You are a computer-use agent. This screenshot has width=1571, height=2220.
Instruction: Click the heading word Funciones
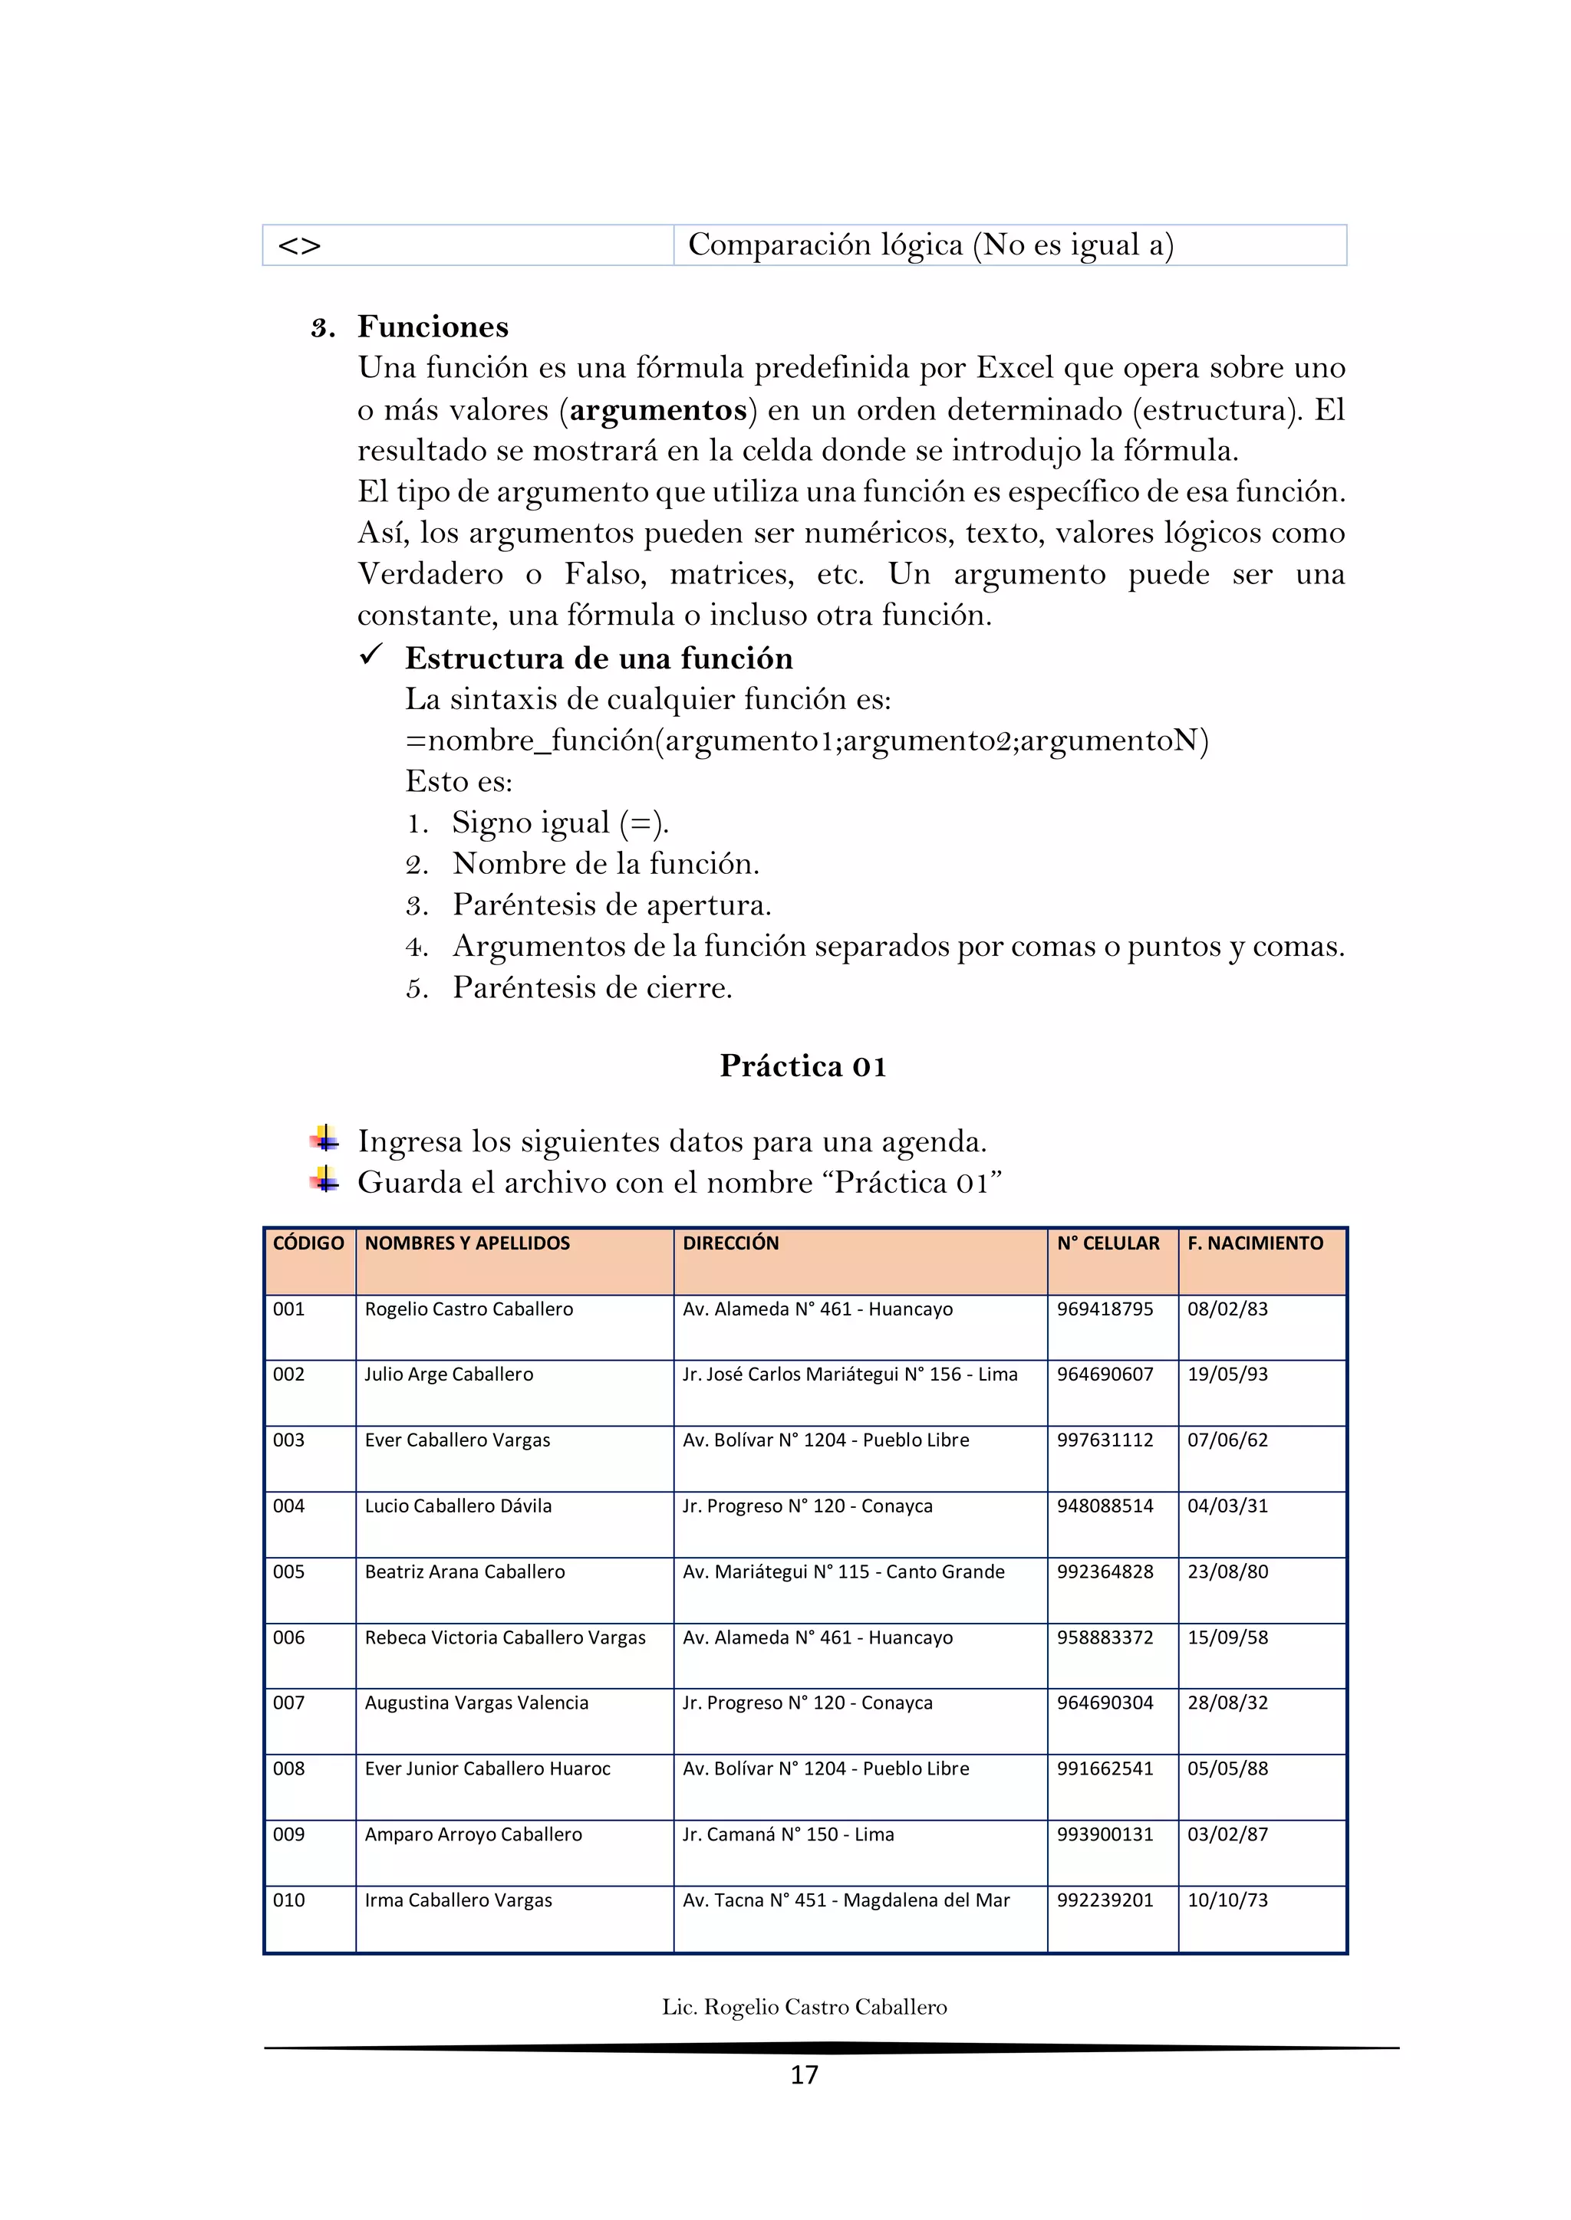pyautogui.click(x=433, y=327)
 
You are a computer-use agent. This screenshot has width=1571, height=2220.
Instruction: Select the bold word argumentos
pyautogui.click(x=658, y=410)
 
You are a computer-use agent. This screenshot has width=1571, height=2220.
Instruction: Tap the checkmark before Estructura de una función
pyautogui.click(x=371, y=655)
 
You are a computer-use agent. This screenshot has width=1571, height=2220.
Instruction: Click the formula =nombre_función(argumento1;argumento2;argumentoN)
pyautogui.click(x=807, y=741)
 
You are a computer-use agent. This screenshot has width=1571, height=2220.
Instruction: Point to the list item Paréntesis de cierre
pyautogui.click(x=592, y=988)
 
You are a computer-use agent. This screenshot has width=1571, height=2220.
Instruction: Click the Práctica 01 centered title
pyautogui.click(x=803, y=1066)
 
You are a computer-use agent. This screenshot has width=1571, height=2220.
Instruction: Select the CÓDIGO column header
pyautogui.click(x=308, y=1243)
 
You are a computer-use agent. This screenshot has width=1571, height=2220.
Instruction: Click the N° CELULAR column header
pyautogui.click(x=1108, y=1243)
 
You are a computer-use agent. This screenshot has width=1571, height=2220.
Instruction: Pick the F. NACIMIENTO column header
pyautogui.click(x=1255, y=1243)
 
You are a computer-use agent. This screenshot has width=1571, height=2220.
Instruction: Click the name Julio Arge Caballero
pyautogui.click(x=449, y=1374)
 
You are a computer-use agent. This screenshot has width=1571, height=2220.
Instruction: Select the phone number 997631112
pyautogui.click(x=1105, y=1440)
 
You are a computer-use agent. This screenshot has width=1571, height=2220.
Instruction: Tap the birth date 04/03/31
pyautogui.click(x=1227, y=1506)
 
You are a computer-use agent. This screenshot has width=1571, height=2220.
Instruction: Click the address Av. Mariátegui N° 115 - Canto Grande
pyautogui.click(x=844, y=1571)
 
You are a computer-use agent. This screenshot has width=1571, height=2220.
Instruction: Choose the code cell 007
pyautogui.click(x=288, y=1703)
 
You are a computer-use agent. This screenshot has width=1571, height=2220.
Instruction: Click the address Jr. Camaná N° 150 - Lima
pyautogui.click(x=789, y=1834)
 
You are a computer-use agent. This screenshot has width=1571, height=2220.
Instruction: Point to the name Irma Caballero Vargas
pyautogui.click(x=459, y=1900)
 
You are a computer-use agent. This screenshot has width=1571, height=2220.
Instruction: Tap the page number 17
pyautogui.click(x=804, y=2075)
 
